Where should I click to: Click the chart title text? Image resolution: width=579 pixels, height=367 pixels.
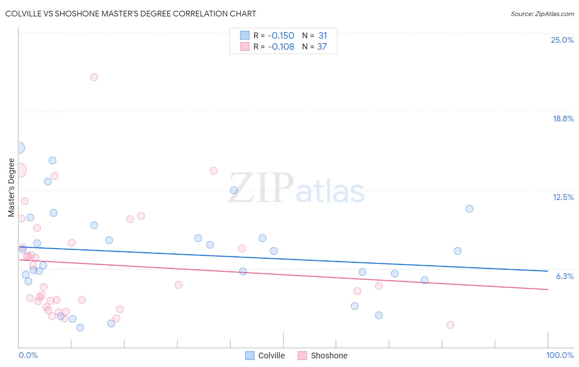(131, 14)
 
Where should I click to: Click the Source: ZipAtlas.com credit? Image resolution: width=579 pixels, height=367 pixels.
(542, 14)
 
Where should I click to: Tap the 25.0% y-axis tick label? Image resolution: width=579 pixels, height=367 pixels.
(562, 40)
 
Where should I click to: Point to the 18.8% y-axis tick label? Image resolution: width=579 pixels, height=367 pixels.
(563, 118)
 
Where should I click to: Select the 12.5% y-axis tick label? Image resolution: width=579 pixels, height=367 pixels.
(563, 197)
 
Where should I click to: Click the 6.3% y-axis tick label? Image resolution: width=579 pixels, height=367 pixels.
(565, 276)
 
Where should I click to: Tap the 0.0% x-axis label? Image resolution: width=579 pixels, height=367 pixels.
(28, 355)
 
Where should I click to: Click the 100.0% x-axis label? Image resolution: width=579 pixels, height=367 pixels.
(560, 355)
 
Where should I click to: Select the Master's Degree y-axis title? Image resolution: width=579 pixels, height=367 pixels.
(12, 188)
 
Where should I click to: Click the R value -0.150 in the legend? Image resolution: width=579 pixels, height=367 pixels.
(281, 36)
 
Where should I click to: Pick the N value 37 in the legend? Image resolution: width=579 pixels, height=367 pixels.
(322, 47)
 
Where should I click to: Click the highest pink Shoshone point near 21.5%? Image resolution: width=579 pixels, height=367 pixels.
(94, 77)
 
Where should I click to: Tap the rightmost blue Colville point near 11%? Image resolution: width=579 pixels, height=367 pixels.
(469, 209)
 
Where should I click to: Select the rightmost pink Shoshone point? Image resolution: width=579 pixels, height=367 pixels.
(450, 325)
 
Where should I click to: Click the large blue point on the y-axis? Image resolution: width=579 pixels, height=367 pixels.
(19, 148)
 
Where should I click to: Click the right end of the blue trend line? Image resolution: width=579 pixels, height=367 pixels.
(548, 271)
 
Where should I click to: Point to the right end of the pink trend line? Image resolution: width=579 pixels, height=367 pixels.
(548, 289)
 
